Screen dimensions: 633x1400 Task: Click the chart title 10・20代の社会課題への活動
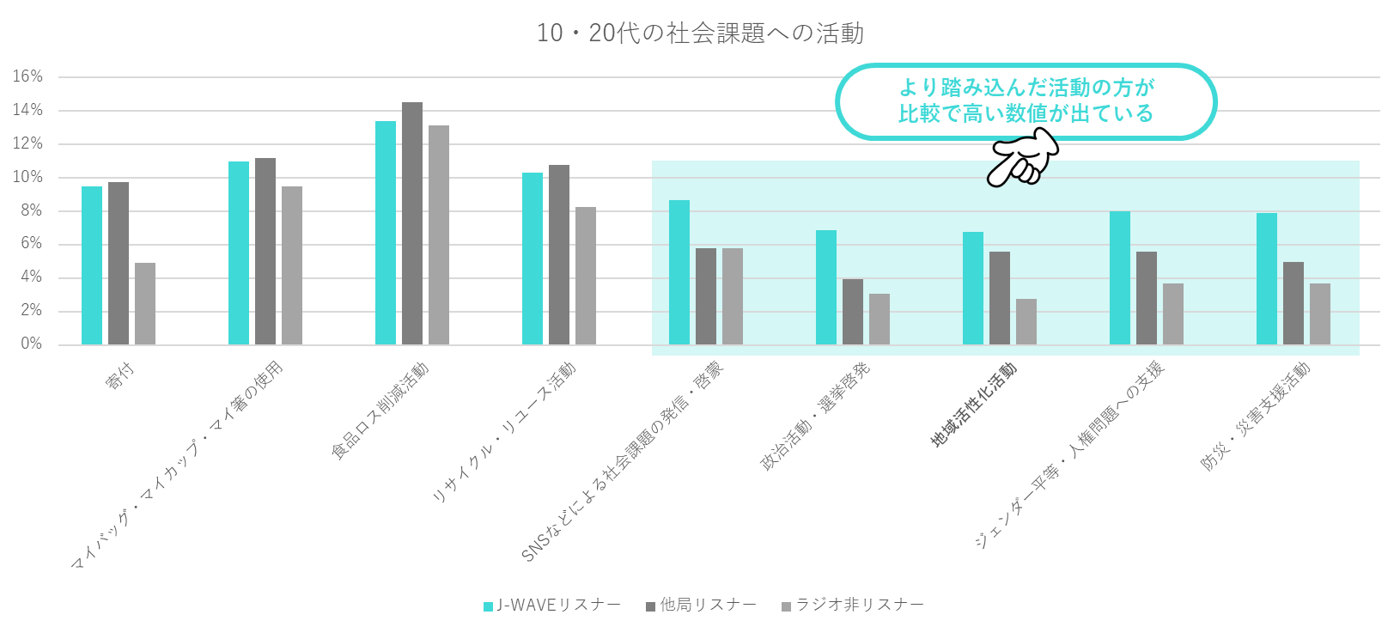pyautogui.click(x=700, y=33)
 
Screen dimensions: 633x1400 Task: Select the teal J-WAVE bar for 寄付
pyautogui.click(x=92, y=265)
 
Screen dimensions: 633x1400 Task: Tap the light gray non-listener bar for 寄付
pyautogui.click(x=145, y=304)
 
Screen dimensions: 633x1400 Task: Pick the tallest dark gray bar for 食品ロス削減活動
pyautogui.click(x=412, y=223)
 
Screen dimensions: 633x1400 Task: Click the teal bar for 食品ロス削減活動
pyautogui.click(x=386, y=233)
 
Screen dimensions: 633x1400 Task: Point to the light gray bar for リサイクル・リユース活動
pyautogui.click(x=586, y=276)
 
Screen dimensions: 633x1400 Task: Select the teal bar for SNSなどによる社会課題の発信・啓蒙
pyautogui.click(x=679, y=272)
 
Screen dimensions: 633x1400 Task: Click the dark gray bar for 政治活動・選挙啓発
pyautogui.click(x=853, y=312)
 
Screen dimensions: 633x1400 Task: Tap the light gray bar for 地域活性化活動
pyautogui.click(x=1026, y=322)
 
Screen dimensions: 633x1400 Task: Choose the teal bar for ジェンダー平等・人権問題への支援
pyautogui.click(x=1120, y=277)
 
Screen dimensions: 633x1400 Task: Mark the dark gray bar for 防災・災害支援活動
pyautogui.click(x=1293, y=303)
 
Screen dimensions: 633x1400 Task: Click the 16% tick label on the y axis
pyautogui.click(x=27, y=76)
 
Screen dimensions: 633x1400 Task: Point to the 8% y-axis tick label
pyautogui.click(x=31, y=210)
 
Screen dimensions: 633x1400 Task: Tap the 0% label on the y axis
pyautogui.click(x=31, y=344)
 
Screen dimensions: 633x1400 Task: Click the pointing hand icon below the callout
pyautogui.click(x=1024, y=158)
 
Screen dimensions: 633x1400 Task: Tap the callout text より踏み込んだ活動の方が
pyautogui.click(x=1026, y=88)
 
